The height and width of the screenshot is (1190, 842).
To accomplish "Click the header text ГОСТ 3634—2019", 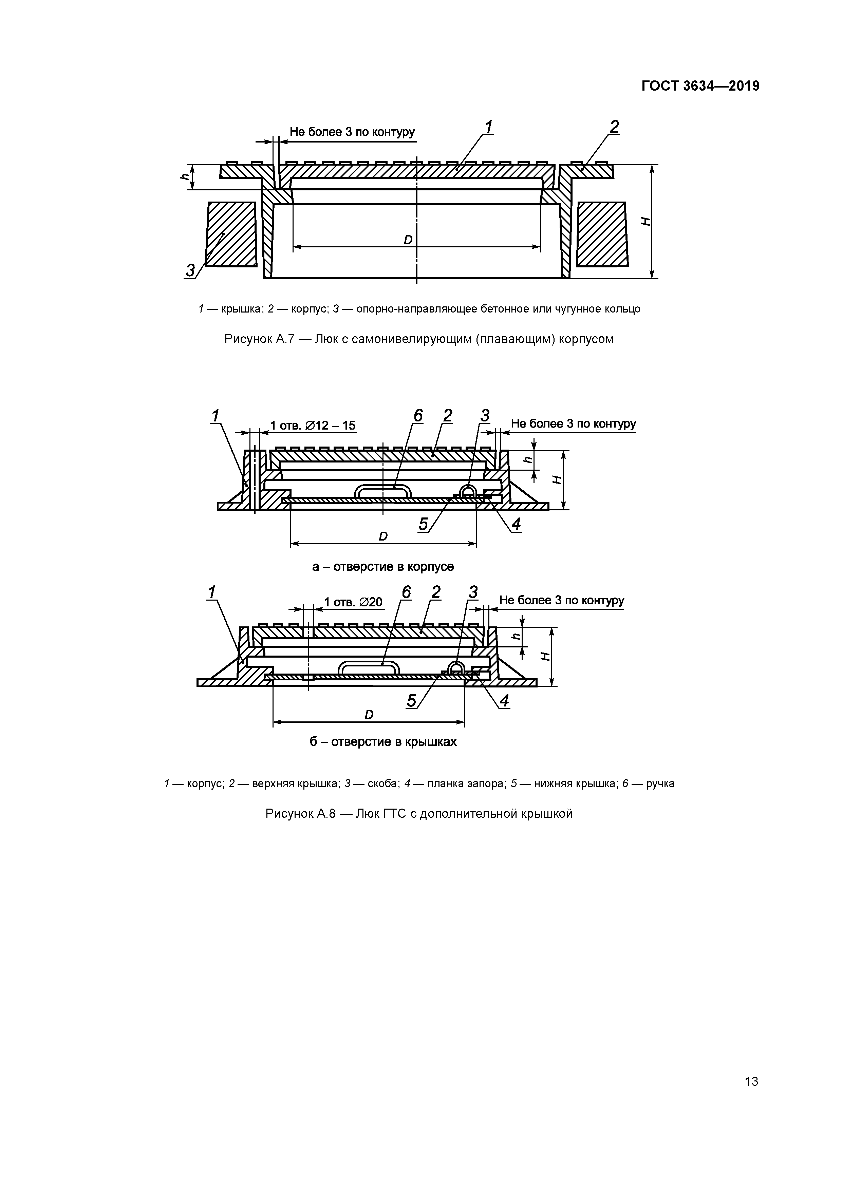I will (x=700, y=86).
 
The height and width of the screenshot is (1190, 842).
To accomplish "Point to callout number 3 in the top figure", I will (x=190, y=270).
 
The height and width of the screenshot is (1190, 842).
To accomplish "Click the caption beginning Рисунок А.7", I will (x=419, y=339).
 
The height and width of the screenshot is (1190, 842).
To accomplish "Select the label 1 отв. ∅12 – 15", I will (x=313, y=426).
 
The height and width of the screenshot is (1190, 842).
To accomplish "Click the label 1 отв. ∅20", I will (x=353, y=602).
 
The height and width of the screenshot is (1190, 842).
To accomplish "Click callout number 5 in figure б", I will (x=412, y=701).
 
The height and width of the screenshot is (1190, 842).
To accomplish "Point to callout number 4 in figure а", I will (x=516, y=525).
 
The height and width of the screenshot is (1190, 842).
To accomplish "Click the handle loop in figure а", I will (x=382, y=490).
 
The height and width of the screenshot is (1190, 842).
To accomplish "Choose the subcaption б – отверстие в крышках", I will (x=383, y=742).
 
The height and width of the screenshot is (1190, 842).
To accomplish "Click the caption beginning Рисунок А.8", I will (x=419, y=814).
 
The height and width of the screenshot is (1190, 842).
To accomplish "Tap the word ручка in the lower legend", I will (x=660, y=783).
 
